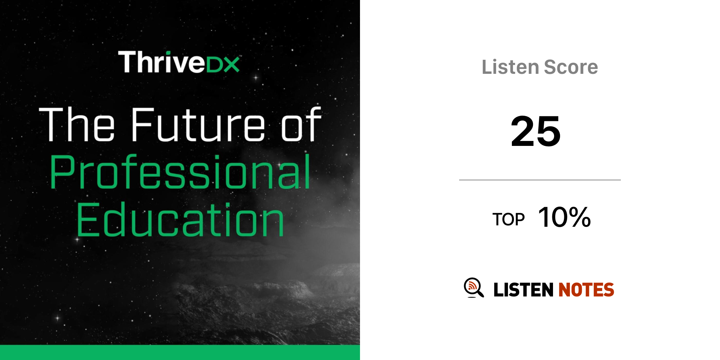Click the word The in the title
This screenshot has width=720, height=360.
point(77,124)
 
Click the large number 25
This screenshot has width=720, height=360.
point(536,131)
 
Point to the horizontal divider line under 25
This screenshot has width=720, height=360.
point(540,180)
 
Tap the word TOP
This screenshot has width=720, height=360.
point(508,219)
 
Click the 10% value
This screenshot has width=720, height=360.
point(565,217)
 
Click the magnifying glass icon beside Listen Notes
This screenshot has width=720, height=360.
point(474,288)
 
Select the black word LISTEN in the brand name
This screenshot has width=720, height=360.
point(523,290)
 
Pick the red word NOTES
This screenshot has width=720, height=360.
point(586,290)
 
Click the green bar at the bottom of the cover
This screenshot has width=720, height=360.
point(180,352)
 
